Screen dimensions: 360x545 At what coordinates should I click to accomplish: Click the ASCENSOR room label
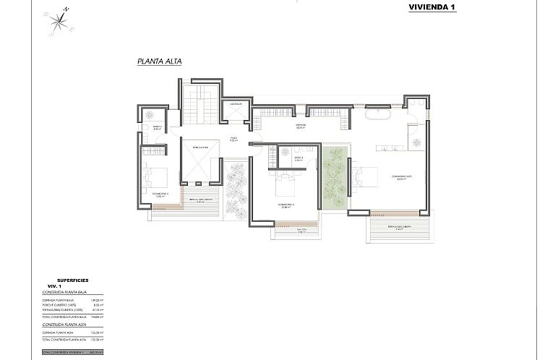[x=235, y=104]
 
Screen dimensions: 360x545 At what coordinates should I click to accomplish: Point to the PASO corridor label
[x=234, y=139]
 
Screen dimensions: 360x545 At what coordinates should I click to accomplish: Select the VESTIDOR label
[x=301, y=126]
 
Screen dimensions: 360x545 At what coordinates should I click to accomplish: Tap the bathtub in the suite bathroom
[x=377, y=115]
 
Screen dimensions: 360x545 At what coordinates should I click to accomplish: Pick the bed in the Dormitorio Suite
[x=365, y=178]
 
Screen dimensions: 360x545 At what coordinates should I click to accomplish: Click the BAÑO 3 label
[x=297, y=158]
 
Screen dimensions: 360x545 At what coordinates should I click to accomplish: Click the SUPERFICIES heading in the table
[x=72, y=280]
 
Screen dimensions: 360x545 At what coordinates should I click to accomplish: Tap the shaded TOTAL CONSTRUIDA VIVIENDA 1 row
[x=72, y=351]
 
